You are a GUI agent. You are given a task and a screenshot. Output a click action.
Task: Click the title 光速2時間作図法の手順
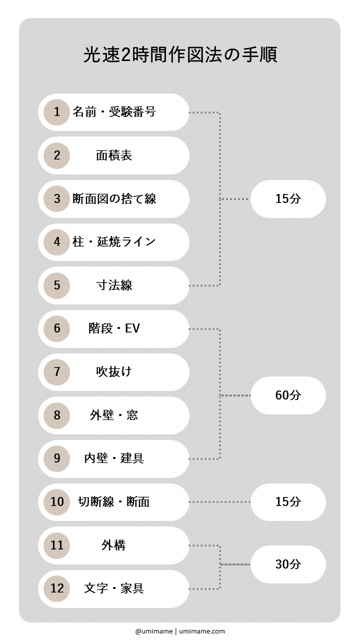pyautogui.click(x=180, y=55)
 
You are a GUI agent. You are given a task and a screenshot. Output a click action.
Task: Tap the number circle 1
pyautogui.click(x=56, y=112)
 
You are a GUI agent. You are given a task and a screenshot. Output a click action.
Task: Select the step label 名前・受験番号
pyautogui.click(x=114, y=112)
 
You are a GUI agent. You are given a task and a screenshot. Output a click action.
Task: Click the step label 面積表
pyautogui.click(x=114, y=155)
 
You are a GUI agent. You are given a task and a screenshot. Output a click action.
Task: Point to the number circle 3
pyautogui.click(x=56, y=198)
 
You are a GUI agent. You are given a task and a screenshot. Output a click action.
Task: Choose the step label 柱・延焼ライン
pyautogui.click(x=114, y=242)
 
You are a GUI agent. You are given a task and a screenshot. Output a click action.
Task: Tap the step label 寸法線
pyautogui.click(x=114, y=285)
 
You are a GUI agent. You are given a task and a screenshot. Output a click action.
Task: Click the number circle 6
pyautogui.click(x=56, y=328)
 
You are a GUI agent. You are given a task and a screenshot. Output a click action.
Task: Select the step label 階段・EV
pyautogui.click(x=114, y=328)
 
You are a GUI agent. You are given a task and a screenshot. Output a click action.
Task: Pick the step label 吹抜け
pyautogui.click(x=114, y=372)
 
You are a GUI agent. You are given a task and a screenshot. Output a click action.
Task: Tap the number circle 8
pyautogui.click(x=56, y=415)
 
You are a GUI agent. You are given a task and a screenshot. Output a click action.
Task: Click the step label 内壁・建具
pyautogui.click(x=114, y=458)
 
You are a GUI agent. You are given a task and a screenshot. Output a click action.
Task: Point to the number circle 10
pyautogui.click(x=56, y=501)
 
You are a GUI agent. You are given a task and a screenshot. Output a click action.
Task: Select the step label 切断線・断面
pyautogui.click(x=114, y=501)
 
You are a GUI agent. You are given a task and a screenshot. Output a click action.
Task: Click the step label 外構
pyautogui.click(x=114, y=545)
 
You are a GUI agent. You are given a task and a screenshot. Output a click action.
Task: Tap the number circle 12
pyautogui.click(x=56, y=588)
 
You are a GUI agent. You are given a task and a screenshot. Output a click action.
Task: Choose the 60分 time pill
pyautogui.click(x=288, y=395)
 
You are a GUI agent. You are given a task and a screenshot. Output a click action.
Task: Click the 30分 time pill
pyautogui.click(x=288, y=564)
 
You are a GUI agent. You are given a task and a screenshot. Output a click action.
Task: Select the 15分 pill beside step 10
pyautogui.click(x=288, y=501)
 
